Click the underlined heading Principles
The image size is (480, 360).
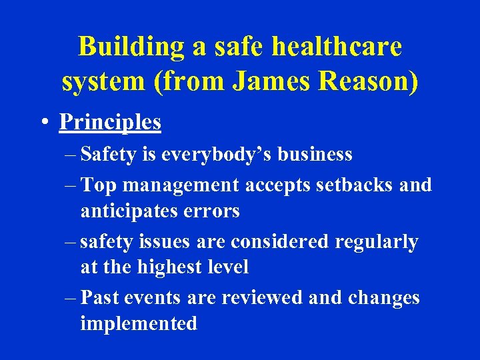click(x=110, y=122)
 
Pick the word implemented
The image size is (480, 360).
click(x=139, y=324)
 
